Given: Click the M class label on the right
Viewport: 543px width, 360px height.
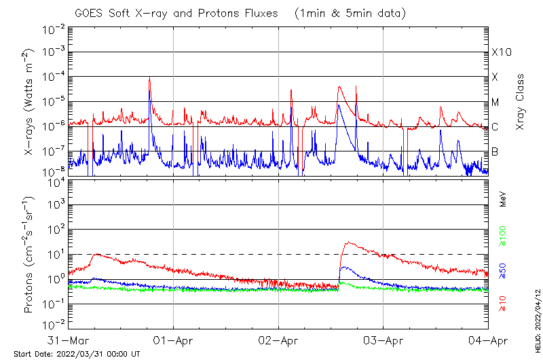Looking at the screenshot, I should [495, 102].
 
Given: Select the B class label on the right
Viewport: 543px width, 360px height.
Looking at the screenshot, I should [495, 151].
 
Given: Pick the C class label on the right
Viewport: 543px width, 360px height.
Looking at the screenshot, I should [495, 126].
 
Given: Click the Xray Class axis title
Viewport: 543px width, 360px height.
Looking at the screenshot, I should [521, 102].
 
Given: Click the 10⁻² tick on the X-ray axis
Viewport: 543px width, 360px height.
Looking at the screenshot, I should [54, 29].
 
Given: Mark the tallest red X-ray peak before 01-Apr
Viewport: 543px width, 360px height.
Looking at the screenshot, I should [149, 77].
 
